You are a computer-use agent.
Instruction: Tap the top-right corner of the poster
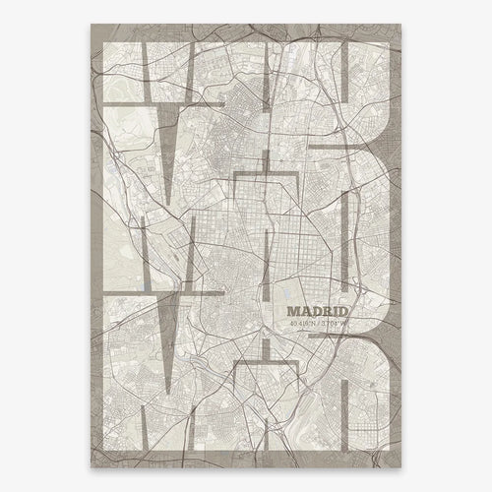[403, 20]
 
